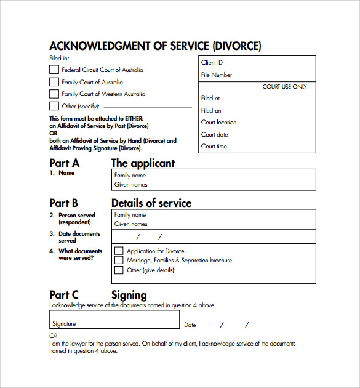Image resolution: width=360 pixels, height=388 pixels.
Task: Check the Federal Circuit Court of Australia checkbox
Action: pos(54,70)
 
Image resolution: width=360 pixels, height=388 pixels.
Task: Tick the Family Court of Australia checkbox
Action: pos(54,82)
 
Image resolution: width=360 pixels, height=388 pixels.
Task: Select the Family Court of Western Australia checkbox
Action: pos(54,94)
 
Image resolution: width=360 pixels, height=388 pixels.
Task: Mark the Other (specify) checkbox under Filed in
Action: pos(54,106)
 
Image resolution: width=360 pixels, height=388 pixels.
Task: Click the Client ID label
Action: pos(212,63)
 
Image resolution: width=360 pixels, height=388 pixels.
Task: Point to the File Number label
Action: pos(217,75)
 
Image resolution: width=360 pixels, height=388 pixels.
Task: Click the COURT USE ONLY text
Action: pos(284,87)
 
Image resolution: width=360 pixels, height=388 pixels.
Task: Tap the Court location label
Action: pos(218,123)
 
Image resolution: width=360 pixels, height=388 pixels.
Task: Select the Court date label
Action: pos(215,134)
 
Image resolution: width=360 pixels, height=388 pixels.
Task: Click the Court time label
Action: pos(214,147)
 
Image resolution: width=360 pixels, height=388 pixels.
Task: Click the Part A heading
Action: pos(64,163)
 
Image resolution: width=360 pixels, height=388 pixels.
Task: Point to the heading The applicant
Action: pos(143,163)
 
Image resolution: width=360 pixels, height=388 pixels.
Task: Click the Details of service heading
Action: pos(151,203)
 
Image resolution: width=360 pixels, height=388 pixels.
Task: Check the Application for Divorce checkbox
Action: pos(119,251)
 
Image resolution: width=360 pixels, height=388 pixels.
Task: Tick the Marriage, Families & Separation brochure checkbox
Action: pos(119,260)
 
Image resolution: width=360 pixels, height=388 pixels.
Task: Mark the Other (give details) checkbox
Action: pos(119,270)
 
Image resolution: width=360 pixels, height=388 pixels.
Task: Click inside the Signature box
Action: pos(114,319)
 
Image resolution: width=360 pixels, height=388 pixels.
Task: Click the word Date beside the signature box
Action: pos(190,325)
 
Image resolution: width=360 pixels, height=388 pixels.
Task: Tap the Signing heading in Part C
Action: pos(129,295)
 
